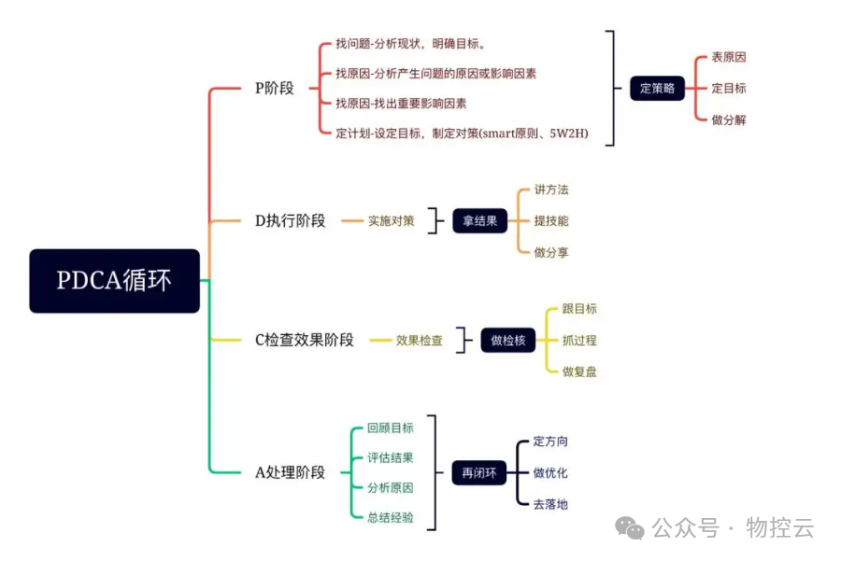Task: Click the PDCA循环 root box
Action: pos(114,280)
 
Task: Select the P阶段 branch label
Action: pos(275,89)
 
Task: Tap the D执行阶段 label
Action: pos(291,221)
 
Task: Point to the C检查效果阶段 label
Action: pos(305,341)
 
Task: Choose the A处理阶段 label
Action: pos(291,472)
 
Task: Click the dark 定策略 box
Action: pos(657,89)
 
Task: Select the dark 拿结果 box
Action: pos(479,221)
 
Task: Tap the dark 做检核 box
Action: pos(508,341)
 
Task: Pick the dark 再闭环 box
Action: pos(479,473)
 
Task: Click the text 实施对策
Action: pos(391,221)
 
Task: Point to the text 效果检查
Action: pos(420,341)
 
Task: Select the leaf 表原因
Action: pos(729,57)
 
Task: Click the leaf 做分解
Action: pos(729,120)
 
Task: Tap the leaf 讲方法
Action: pos(551,189)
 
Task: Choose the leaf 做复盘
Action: pos(579,372)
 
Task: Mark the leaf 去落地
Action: pos(550,504)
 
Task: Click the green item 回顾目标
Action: pos(391,428)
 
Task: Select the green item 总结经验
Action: pos(391,517)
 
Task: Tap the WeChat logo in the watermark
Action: pos(634,528)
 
